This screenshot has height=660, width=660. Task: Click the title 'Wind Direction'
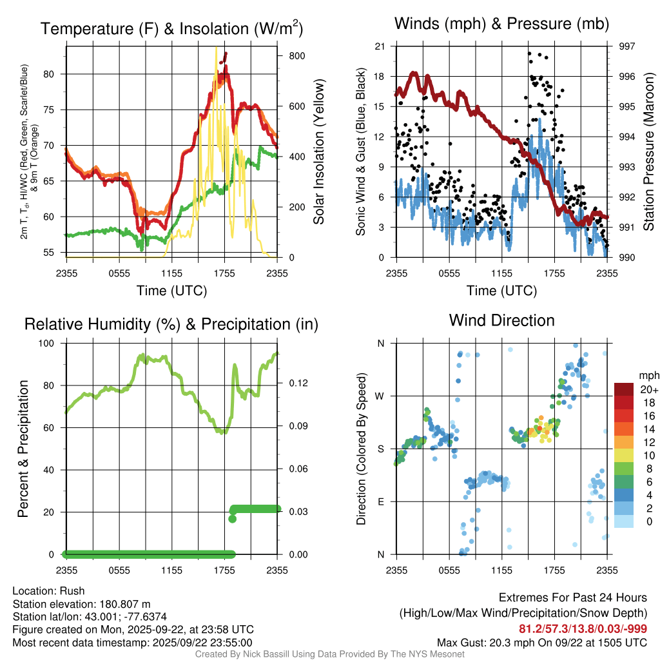[x=501, y=320]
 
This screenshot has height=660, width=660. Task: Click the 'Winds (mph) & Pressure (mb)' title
[x=501, y=24]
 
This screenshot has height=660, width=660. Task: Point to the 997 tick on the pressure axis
[x=627, y=46]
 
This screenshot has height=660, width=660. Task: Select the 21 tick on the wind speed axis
[x=380, y=46]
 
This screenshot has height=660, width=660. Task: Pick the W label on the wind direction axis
[x=380, y=396]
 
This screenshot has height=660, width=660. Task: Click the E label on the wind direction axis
[x=380, y=501]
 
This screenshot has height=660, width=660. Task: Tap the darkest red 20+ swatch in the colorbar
[x=624, y=389]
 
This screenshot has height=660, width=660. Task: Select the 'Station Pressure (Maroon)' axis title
[x=650, y=152]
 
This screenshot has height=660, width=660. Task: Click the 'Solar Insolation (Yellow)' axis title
[x=319, y=152]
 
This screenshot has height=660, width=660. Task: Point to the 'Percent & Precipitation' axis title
[x=23, y=449]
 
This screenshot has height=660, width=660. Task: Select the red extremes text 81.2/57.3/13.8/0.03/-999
[x=583, y=628]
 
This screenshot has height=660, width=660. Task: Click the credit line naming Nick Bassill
[x=330, y=654]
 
